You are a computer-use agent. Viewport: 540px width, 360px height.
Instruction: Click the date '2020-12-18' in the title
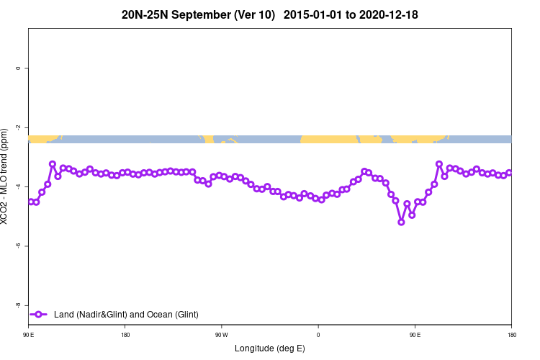coord(390,14)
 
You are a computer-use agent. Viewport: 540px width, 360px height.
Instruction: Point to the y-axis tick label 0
coord(18,68)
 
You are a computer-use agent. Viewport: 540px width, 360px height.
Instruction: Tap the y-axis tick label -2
coord(18,127)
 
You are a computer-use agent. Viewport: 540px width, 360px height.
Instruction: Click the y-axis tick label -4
coord(18,186)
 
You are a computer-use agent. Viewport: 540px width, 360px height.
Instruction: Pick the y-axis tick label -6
coord(18,246)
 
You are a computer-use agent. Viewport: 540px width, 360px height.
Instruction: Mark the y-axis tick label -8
coord(18,305)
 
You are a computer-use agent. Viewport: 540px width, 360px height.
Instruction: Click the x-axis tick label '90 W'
coord(221,335)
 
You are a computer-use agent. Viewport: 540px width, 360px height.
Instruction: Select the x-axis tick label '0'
coord(318,335)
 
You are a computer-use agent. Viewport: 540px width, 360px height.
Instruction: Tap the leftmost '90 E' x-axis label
coord(29,335)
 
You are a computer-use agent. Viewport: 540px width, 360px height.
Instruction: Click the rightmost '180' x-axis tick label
coord(511,335)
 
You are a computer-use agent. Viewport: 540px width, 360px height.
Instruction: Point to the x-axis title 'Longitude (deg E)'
coord(270,348)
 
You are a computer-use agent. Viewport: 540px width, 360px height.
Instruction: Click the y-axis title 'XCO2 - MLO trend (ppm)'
coord(6,176)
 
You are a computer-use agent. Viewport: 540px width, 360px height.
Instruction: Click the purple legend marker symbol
coord(40,314)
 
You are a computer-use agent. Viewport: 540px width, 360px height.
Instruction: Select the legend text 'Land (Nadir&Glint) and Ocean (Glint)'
coord(126,314)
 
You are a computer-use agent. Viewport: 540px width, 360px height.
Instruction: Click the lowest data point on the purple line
coord(401,222)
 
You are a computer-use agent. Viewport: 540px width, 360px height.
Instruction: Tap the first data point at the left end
coord(30,202)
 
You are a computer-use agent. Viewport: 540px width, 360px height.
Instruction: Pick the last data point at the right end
coord(509,173)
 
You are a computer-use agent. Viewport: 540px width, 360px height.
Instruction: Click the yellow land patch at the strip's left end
coord(42,138)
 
